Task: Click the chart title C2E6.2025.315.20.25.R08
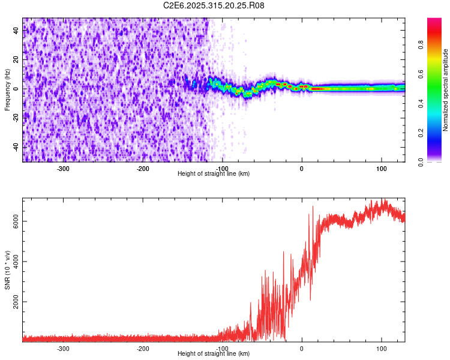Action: point(214,5)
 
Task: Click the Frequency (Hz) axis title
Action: point(7,89)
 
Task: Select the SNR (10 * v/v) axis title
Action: point(7,269)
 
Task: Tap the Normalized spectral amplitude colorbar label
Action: point(446,89)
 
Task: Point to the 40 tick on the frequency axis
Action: point(17,31)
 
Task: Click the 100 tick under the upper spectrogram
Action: point(381,169)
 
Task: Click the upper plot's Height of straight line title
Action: point(214,174)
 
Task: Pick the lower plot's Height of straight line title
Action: point(214,354)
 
